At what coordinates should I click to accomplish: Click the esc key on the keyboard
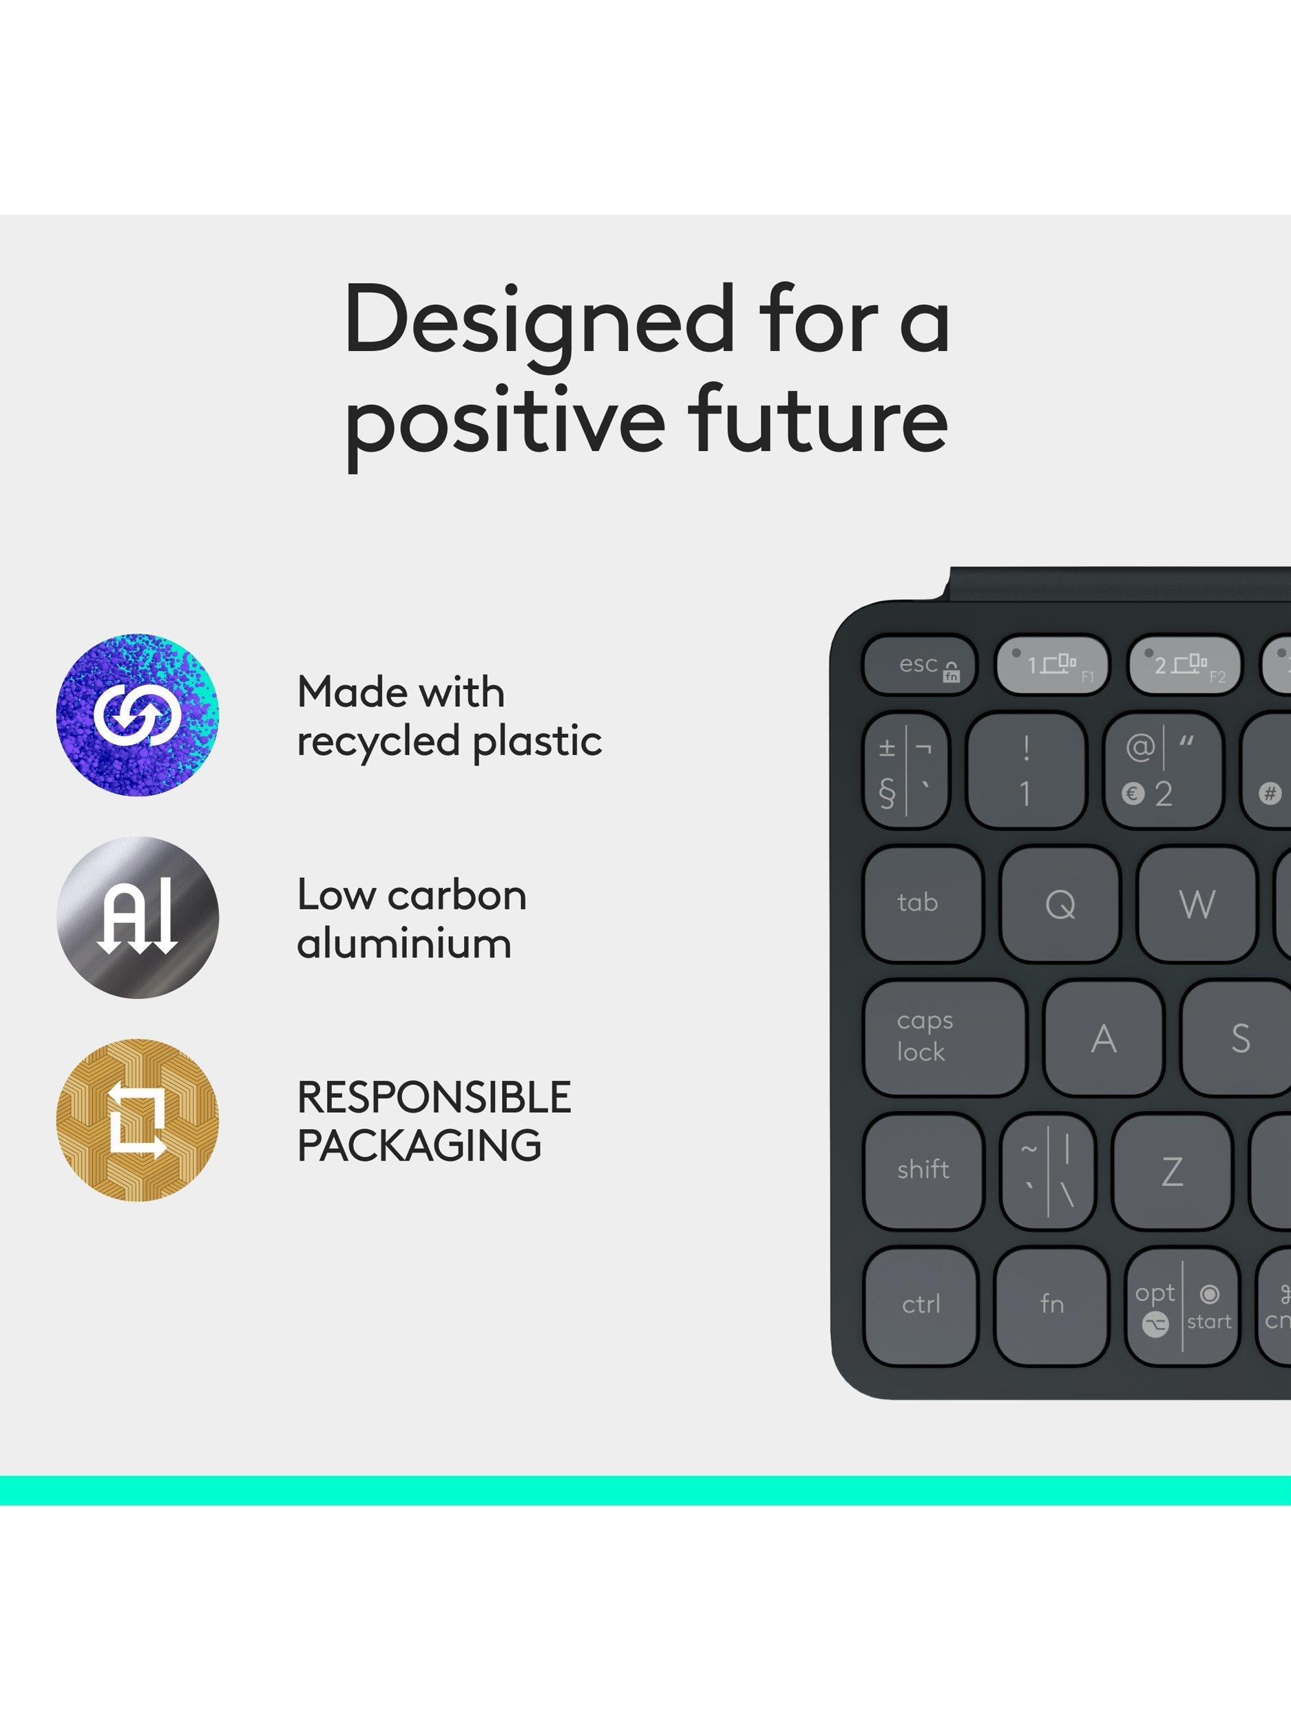pyautogui.click(x=919, y=666)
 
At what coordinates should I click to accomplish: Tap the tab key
pyautogui.click(x=923, y=904)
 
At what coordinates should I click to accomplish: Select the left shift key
pyautogui.click(x=923, y=1172)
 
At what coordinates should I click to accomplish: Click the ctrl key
pyautogui.click(x=921, y=1305)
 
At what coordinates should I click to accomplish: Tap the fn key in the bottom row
pyautogui.click(x=1052, y=1305)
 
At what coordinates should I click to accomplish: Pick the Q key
pyautogui.click(x=1060, y=904)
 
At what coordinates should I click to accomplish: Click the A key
pyautogui.click(x=1104, y=1038)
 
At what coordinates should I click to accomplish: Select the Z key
pyautogui.click(x=1172, y=1172)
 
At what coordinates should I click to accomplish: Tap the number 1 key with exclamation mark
pyautogui.click(x=1026, y=770)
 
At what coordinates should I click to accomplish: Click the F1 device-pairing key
pyautogui.click(x=1052, y=666)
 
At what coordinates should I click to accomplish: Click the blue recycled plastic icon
pyautogui.click(x=138, y=715)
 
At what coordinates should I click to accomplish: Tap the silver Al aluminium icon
pyautogui.click(x=138, y=918)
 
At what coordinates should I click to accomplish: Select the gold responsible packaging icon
pyautogui.click(x=138, y=1119)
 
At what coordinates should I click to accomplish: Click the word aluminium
pyautogui.click(x=404, y=943)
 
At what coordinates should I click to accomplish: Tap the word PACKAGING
pyautogui.click(x=419, y=1145)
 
